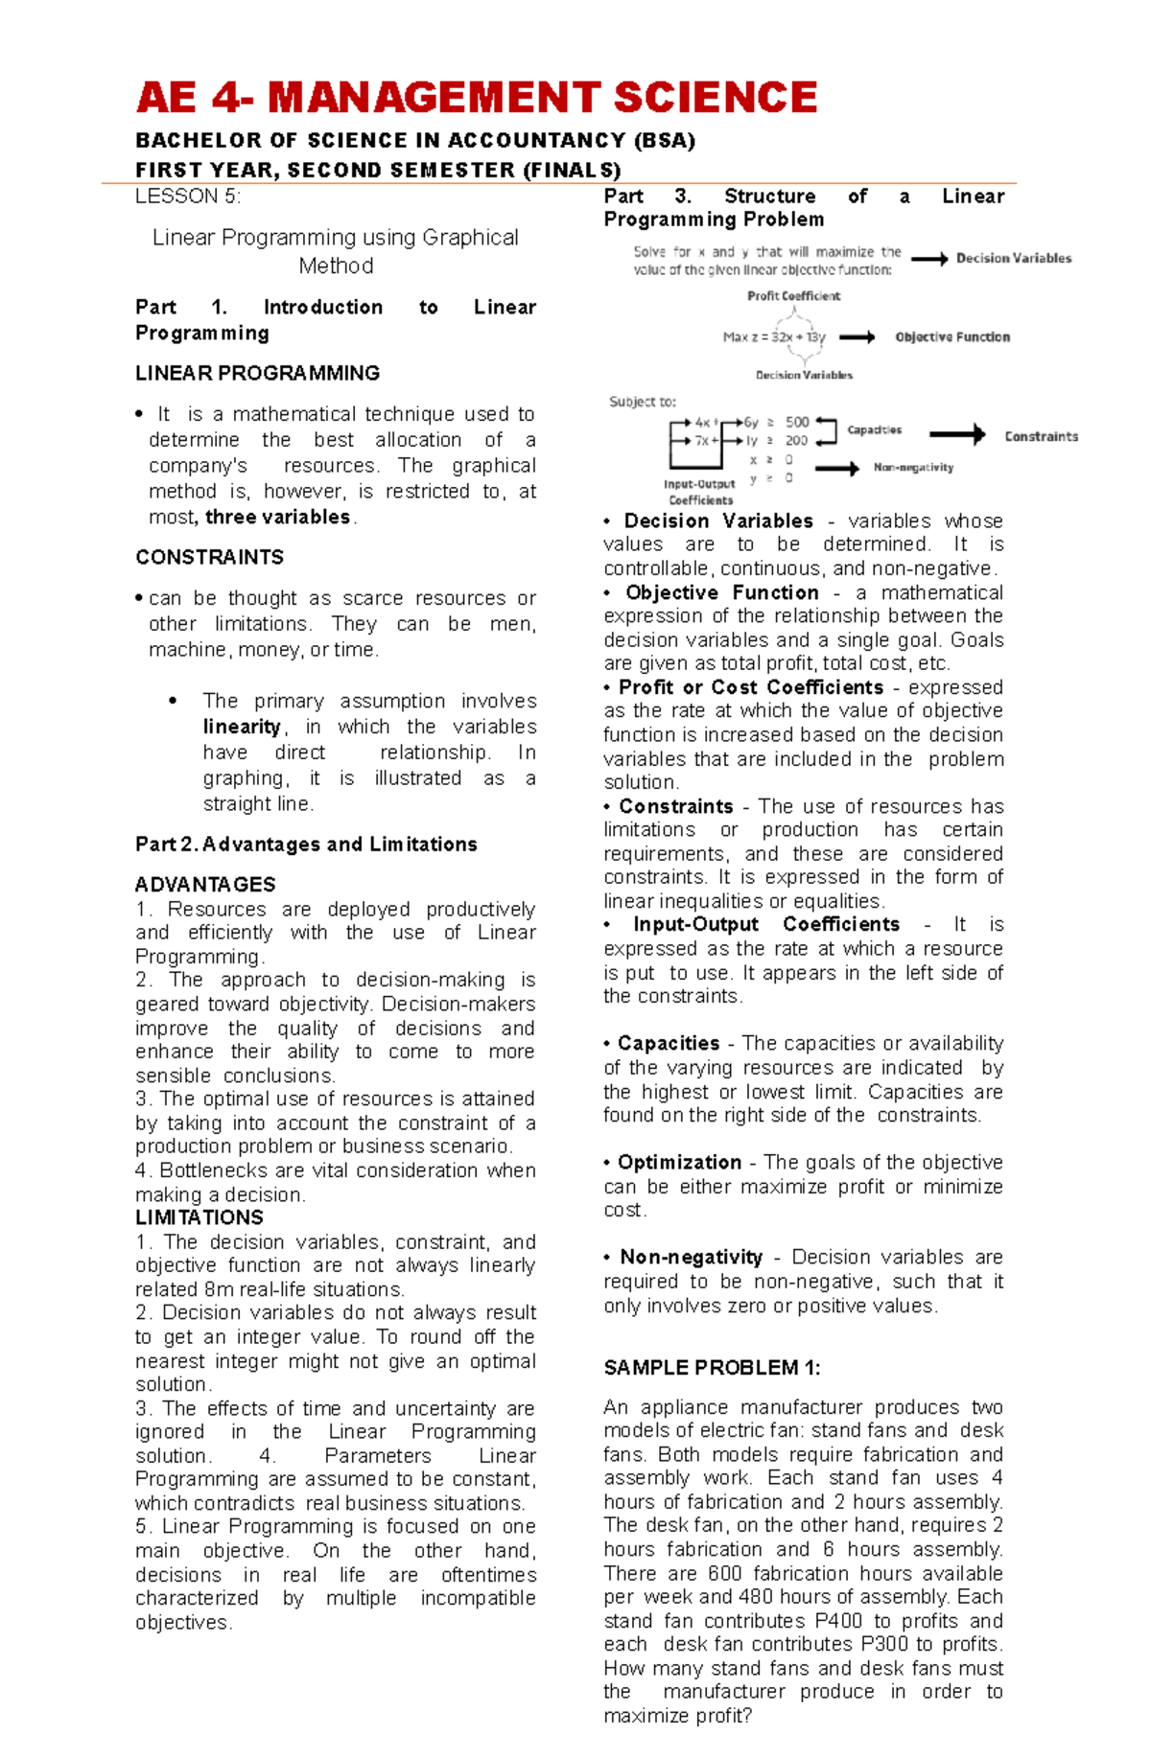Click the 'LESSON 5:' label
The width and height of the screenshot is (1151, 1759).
pyautogui.click(x=188, y=197)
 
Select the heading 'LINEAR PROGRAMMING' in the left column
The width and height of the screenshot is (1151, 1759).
pyautogui.click(x=257, y=373)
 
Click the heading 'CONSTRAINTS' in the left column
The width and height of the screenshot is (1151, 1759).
pyautogui.click(x=209, y=557)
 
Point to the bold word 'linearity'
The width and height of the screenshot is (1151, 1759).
pyautogui.click(x=242, y=727)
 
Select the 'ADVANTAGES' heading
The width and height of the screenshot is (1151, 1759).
pyautogui.click(x=205, y=884)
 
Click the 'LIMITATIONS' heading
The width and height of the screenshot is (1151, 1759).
pyautogui.click(x=199, y=1217)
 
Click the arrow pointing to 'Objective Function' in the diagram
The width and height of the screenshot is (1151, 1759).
pyautogui.click(x=857, y=337)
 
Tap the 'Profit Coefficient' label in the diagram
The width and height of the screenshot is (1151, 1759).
pyautogui.click(x=793, y=296)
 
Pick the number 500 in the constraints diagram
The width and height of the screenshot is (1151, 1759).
pyautogui.click(x=797, y=422)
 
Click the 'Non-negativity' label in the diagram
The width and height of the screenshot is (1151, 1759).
pyautogui.click(x=913, y=468)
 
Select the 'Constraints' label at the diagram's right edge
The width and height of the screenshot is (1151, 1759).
pyautogui.click(x=1041, y=436)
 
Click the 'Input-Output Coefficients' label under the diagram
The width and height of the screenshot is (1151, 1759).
pyautogui.click(x=699, y=492)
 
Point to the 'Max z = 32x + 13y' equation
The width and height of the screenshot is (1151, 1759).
pyautogui.click(x=774, y=337)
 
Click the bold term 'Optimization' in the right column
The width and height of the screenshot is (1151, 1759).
pyautogui.click(x=679, y=1162)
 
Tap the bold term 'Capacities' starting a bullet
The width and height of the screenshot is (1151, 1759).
pyautogui.click(x=669, y=1043)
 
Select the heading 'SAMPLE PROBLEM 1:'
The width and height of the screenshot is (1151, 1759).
pyautogui.click(x=712, y=1368)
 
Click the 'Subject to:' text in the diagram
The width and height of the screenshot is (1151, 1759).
pyautogui.click(x=643, y=402)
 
